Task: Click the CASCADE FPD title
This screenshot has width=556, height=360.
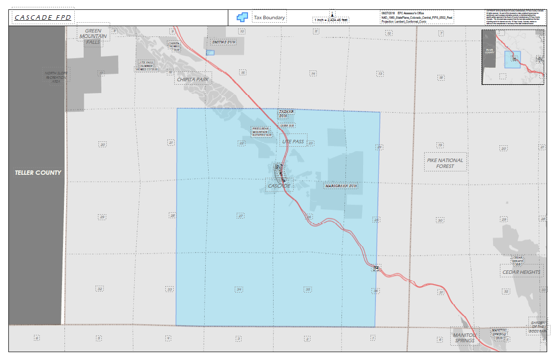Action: [x=43, y=18]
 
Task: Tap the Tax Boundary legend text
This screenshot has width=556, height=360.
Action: [x=269, y=18]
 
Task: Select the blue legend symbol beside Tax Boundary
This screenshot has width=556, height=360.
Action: [x=242, y=18]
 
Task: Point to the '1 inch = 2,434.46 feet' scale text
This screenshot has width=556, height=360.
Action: [x=331, y=20]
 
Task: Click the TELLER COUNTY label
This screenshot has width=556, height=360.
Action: [x=38, y=173]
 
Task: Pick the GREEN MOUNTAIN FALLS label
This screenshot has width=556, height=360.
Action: [x=93, y=36]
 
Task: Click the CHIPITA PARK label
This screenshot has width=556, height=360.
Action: [x=193, y=79]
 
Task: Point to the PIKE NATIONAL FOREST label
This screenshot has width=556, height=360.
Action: [x=445, y=163]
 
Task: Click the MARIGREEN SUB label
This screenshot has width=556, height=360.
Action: [x=340, y=186]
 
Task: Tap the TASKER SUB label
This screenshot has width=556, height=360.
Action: [x=286, y=114]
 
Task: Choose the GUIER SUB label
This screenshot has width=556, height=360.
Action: [x=287, y=126]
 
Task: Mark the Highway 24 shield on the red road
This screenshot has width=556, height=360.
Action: [x=376, y=268]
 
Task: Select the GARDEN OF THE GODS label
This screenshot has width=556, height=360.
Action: [x=538, y=327]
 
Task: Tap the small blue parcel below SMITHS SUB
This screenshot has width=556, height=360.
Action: [x=210, y=52]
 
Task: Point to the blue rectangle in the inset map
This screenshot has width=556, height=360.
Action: [x=512, y=60]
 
